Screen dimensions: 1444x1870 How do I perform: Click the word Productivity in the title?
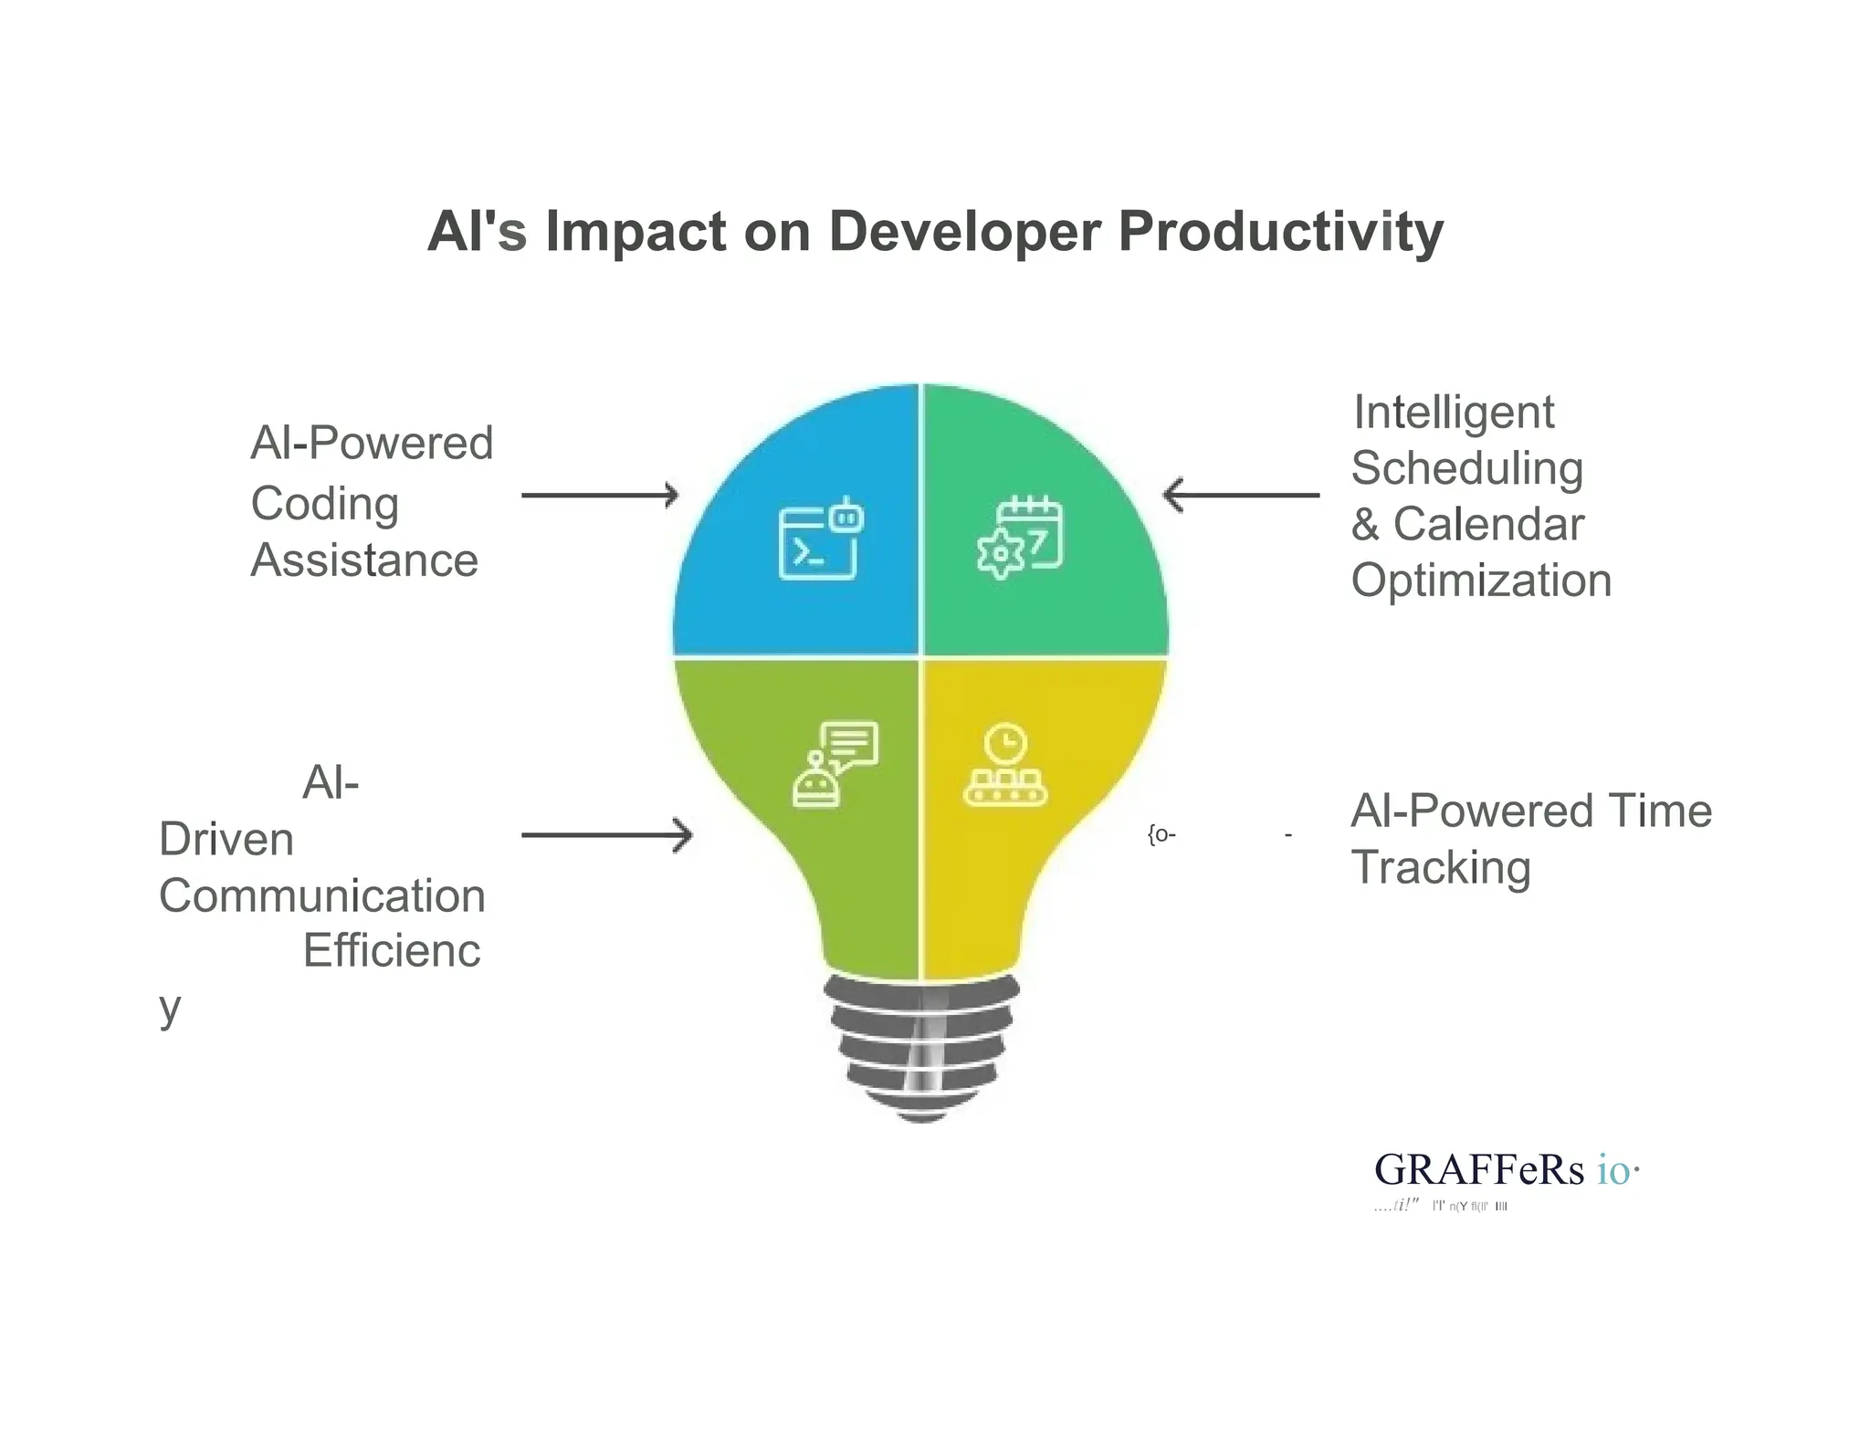pos(1280,232)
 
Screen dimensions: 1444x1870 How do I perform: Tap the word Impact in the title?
pos(636,232)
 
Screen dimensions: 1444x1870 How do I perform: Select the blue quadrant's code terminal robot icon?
pos(820,539)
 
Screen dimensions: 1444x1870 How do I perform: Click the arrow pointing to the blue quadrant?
pos(600,496)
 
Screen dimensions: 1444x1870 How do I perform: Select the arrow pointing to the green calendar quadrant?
pos(1241,496)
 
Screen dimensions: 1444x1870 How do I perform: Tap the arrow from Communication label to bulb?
pos(606,835)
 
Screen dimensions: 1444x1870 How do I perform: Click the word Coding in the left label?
pos(325,505)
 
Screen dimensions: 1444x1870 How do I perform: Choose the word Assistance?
pos(364,560)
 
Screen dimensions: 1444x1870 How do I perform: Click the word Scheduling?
pos(1466,469)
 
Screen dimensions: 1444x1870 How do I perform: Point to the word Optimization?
pos(1481,581)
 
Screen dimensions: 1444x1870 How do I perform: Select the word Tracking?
pos(1441,868)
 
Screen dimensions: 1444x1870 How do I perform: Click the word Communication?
pos(321,896)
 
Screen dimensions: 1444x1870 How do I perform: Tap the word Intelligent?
pos(1454,413)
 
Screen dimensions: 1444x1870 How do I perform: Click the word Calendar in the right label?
pos(1488,525)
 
